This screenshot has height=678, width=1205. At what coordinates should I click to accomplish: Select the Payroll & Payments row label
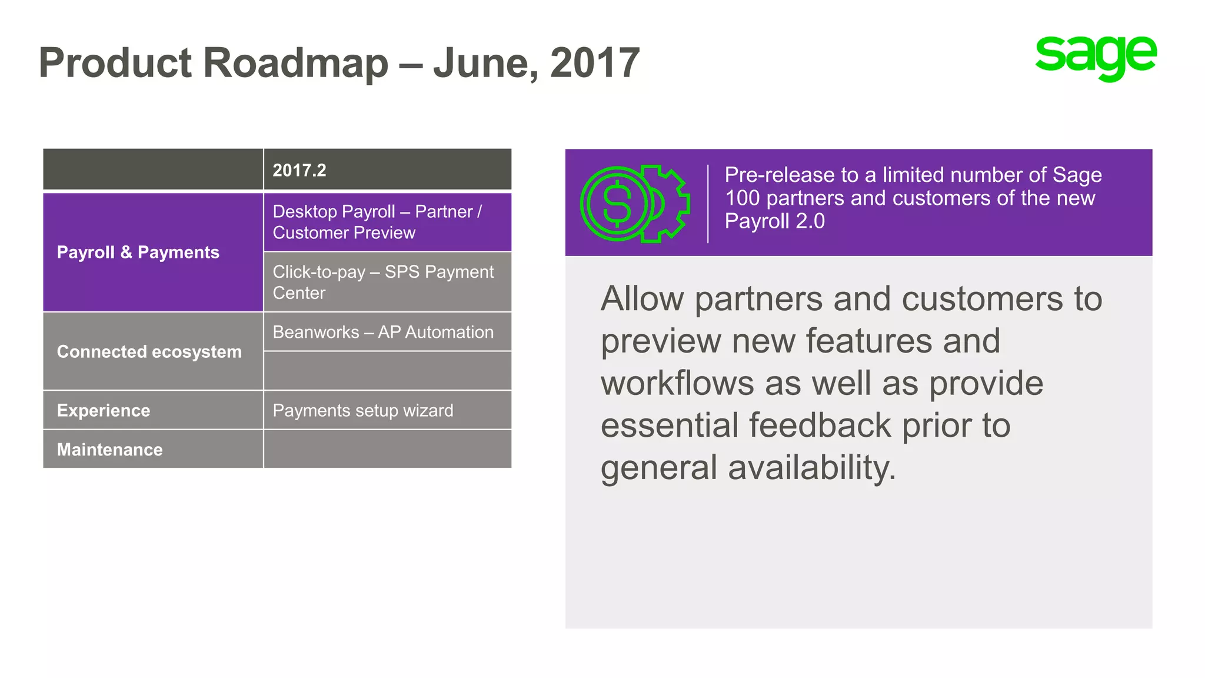point(138,252)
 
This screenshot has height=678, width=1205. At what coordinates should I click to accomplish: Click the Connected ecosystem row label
point(149,352)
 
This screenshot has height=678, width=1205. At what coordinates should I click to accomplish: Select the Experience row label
point(104,410)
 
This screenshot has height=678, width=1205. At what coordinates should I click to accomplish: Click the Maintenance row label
point(110,450)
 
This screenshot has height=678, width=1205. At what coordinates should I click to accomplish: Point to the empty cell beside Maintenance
point(387,450)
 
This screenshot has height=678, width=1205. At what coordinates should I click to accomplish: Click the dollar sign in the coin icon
point(617,204)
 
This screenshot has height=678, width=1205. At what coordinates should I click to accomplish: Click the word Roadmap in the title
point(295,63)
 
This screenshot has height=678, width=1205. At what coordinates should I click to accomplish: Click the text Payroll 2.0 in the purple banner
point(774,221)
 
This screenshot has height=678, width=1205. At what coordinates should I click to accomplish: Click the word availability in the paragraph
point(811,468)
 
